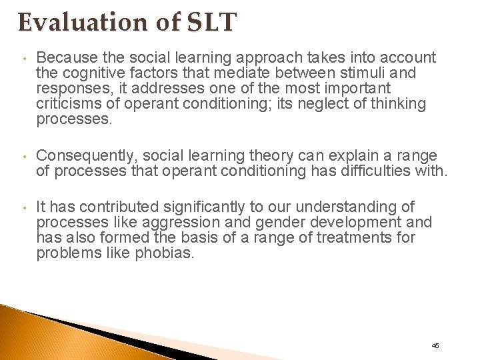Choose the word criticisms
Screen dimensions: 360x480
[x=69, y=104]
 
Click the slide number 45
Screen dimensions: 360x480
[x=435, y=345]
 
